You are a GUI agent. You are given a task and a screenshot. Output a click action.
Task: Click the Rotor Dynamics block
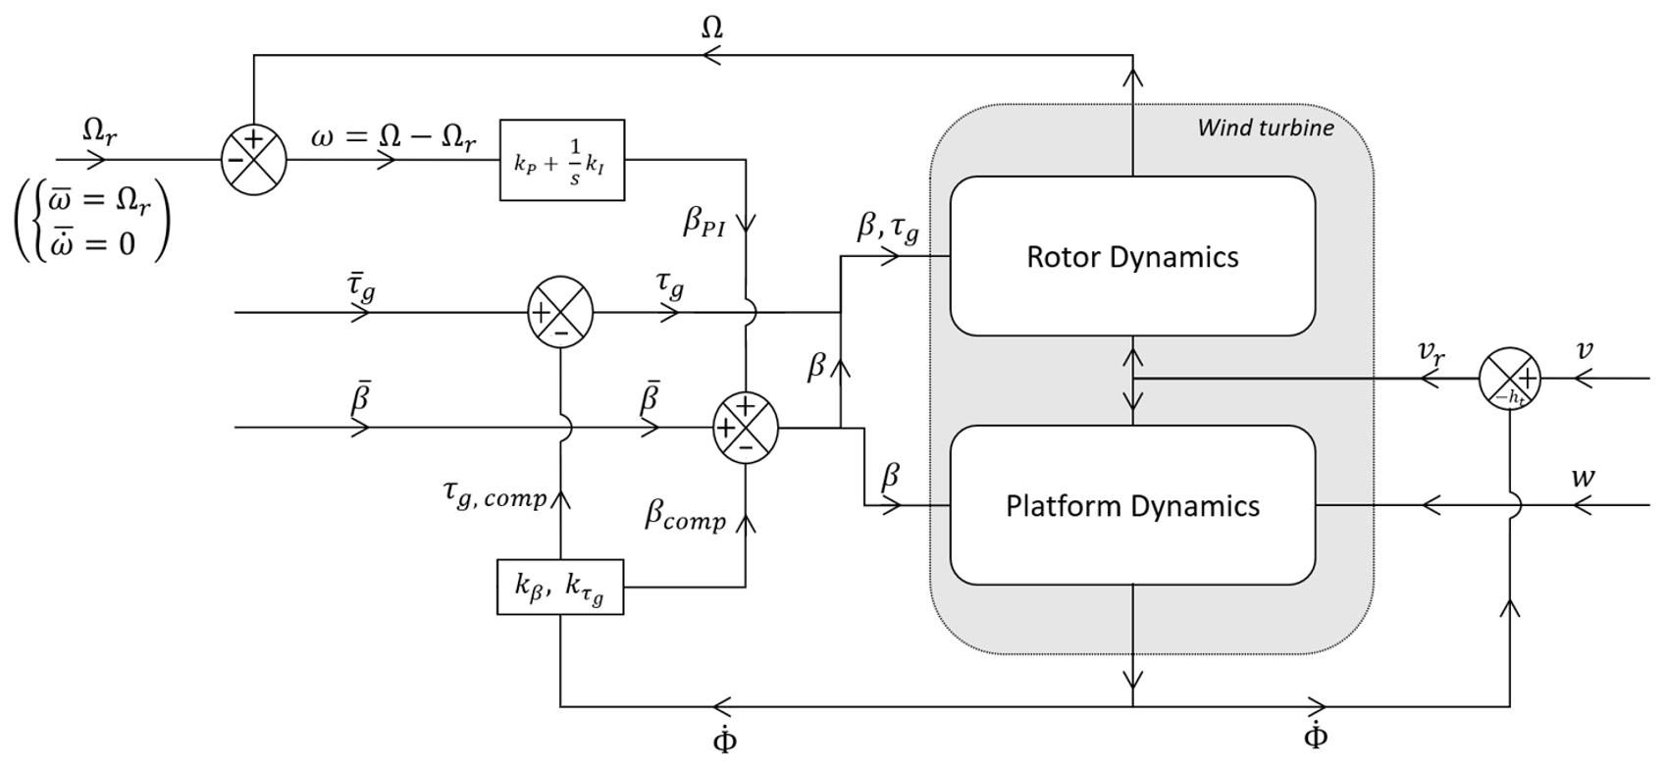click(x=1132, y=256)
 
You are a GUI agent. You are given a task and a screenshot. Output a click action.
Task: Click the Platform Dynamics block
click(x=1132, y=505)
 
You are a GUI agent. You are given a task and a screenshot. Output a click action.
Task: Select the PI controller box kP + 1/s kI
click(x=562, y=161)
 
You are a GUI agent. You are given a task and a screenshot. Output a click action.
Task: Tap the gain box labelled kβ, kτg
click(x=560, y=587)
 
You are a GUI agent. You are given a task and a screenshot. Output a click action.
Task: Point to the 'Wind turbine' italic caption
click(x=1266, y=128)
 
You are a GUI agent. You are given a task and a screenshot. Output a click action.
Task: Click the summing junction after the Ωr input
click(x=254, y=159)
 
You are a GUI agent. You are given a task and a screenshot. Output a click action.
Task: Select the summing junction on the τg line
click(x=561, y=313)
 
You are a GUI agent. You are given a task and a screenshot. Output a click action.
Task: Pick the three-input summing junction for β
click(x=746, y=428)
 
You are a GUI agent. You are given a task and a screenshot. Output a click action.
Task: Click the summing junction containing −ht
click(x=1510, y=379)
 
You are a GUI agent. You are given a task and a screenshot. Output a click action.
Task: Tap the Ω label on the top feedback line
click(x=712, y=27)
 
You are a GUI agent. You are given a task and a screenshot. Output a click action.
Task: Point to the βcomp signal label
click(x=685, y=516)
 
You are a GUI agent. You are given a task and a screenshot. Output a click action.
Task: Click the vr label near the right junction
click(x=1432, y=353)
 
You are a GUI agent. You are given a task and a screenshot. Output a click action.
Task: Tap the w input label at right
click(x=1583, y=478)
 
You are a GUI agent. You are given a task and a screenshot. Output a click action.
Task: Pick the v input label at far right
click(x=1585, y=350)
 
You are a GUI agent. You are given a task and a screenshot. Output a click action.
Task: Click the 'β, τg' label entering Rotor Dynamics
click(x=888, y=228)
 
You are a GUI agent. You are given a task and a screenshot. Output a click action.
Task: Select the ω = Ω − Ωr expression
click(x=393, y=137)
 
